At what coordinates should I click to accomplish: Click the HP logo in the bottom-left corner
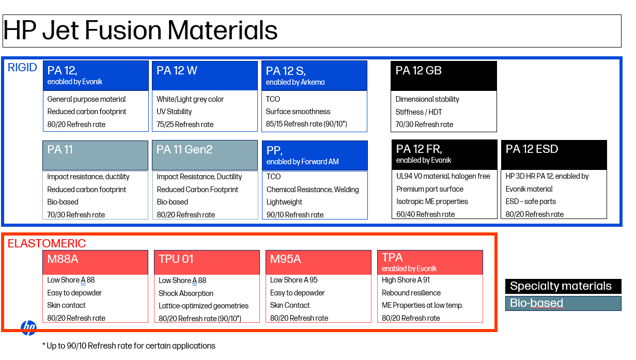pos(29,328)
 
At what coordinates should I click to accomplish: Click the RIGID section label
pos(22,68)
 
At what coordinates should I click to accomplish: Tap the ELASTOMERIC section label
pos(46,244)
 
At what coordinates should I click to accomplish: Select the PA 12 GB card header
pos(444,76)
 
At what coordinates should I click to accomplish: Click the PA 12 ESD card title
pos(532,149)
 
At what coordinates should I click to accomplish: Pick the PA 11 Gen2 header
pos(205,155)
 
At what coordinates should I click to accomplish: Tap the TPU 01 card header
pos(207,262)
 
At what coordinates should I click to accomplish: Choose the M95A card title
pos(285,259)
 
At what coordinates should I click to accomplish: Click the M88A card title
pos(63,259)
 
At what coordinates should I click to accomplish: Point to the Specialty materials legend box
pos(563,286)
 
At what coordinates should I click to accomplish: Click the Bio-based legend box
pos(563,303)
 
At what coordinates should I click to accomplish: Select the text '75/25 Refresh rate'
pos(185,124)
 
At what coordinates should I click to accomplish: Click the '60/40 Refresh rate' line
pos(425,214)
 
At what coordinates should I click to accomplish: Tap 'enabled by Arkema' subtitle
pos(295,82)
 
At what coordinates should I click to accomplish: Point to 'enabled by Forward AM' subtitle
pos(302,162)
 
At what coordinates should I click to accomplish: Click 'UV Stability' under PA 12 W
pos(174,112)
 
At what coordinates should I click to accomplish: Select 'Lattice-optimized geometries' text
pos(203,306)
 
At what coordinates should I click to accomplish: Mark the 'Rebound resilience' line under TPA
pos(411,293)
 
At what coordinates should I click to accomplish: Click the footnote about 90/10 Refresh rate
pos(129,346)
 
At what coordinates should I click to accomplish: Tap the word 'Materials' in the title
pos(222,30)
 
